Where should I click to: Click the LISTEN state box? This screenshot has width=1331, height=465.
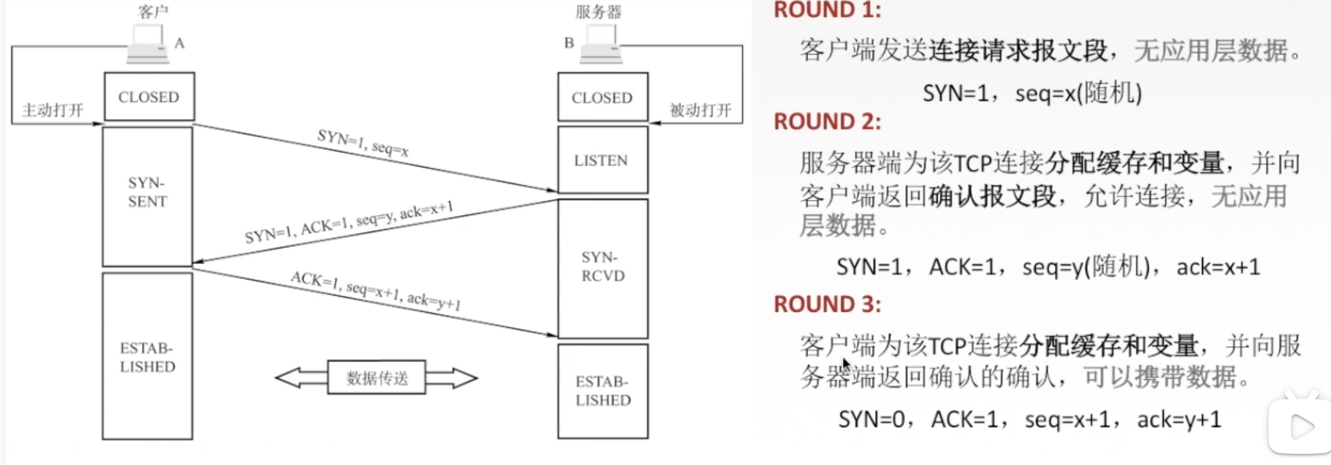(602, 160)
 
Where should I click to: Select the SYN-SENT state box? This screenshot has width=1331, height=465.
(148, 196)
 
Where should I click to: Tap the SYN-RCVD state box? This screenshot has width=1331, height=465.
(602, 268)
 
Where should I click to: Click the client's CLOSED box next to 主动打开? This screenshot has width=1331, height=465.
(149, 97)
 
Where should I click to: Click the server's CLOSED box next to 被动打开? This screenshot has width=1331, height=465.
(602, 97)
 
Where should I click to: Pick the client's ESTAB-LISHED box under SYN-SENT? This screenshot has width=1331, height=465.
(148, 356)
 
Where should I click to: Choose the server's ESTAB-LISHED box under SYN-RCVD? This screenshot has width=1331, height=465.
(602, 391)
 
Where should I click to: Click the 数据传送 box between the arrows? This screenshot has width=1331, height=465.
(376, 378)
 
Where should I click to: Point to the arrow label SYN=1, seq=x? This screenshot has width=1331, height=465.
(363, 143)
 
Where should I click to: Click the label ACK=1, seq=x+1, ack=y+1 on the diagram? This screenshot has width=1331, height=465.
(376, 291)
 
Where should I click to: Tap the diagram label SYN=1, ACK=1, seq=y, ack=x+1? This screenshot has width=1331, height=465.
(349, 222)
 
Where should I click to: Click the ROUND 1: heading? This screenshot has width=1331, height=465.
(827, 10)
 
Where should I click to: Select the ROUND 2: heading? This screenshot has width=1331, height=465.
(827, 122)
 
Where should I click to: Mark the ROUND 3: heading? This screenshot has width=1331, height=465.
(827, 304)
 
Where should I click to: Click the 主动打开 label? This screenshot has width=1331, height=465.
(53, 110)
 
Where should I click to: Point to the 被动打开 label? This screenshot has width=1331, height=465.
(700, 110)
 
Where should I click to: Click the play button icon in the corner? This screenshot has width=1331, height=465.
(1300, 427)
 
